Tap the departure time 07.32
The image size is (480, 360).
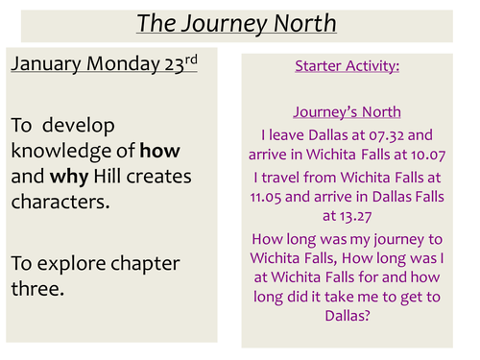pyautogui.click(x=386, y=134)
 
